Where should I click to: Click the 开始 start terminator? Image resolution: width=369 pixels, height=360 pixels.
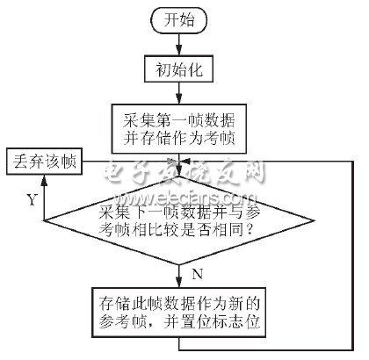coord(178,20)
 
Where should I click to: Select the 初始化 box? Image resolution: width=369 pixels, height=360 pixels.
coord(178,69)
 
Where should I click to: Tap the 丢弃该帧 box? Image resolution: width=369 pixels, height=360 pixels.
coord(44,162)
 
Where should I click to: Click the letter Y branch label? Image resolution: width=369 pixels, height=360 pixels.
coord(32,200)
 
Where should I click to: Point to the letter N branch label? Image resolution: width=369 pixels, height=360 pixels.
coord(198,275)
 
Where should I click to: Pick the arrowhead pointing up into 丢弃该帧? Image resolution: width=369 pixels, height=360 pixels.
coord(44,181)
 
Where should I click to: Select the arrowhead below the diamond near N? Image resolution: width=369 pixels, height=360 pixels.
coord(179,282)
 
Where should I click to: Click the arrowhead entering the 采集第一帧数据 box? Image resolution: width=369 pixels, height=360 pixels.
coord(179,98)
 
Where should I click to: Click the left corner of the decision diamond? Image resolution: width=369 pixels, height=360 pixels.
coord(44,220)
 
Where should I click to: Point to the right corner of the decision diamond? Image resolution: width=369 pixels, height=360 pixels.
coord(315,220)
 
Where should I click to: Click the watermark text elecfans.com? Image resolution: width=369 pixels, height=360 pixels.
coord(186,199)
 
